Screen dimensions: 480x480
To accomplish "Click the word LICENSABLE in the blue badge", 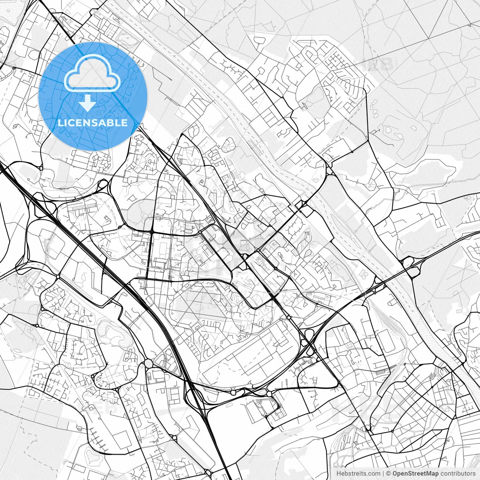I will coord(93,123).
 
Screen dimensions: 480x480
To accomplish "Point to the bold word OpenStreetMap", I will coord(415,474).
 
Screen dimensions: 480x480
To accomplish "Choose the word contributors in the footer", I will coord(458,474).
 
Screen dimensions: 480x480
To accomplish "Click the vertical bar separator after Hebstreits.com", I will coord(383,474).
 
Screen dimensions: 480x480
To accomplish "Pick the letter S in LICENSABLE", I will coord(97,123).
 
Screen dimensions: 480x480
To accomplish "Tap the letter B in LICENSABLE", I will coord(111,123).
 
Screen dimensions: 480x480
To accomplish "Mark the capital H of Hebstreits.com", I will coord(339,474).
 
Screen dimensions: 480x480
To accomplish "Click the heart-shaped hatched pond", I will coord(91,454).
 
